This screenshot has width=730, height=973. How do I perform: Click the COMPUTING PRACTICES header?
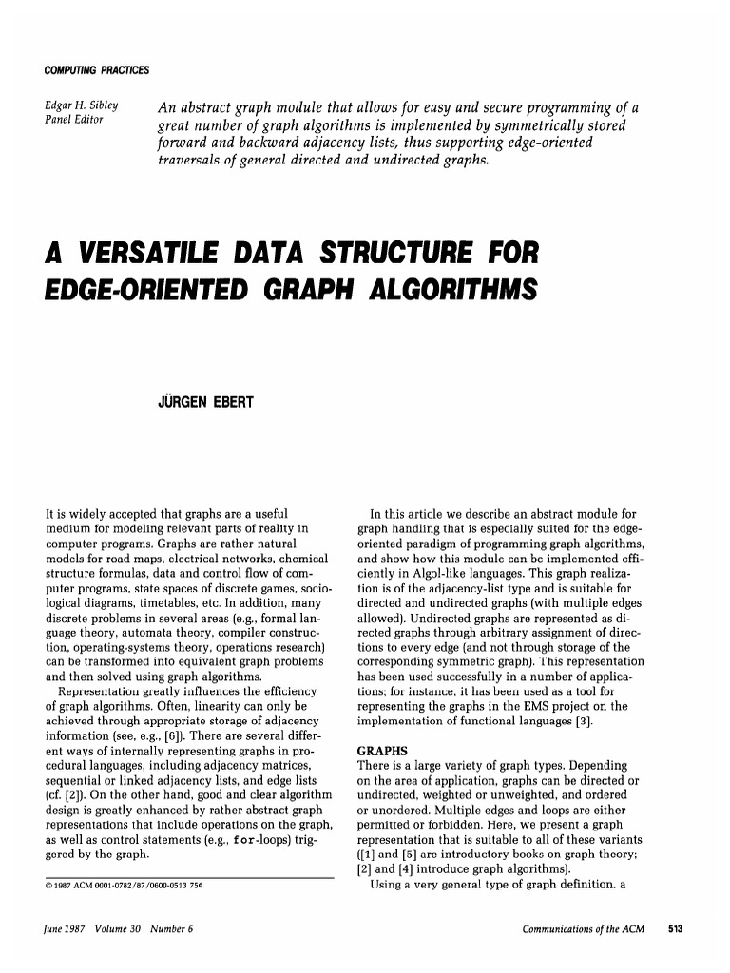[97, 71]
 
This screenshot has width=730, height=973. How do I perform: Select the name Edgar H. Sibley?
[81, 105]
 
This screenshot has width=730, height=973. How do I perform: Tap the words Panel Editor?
[76, 120]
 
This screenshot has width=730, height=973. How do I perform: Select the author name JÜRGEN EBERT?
[205, 403]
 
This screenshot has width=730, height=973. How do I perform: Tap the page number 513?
[675, 928]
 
